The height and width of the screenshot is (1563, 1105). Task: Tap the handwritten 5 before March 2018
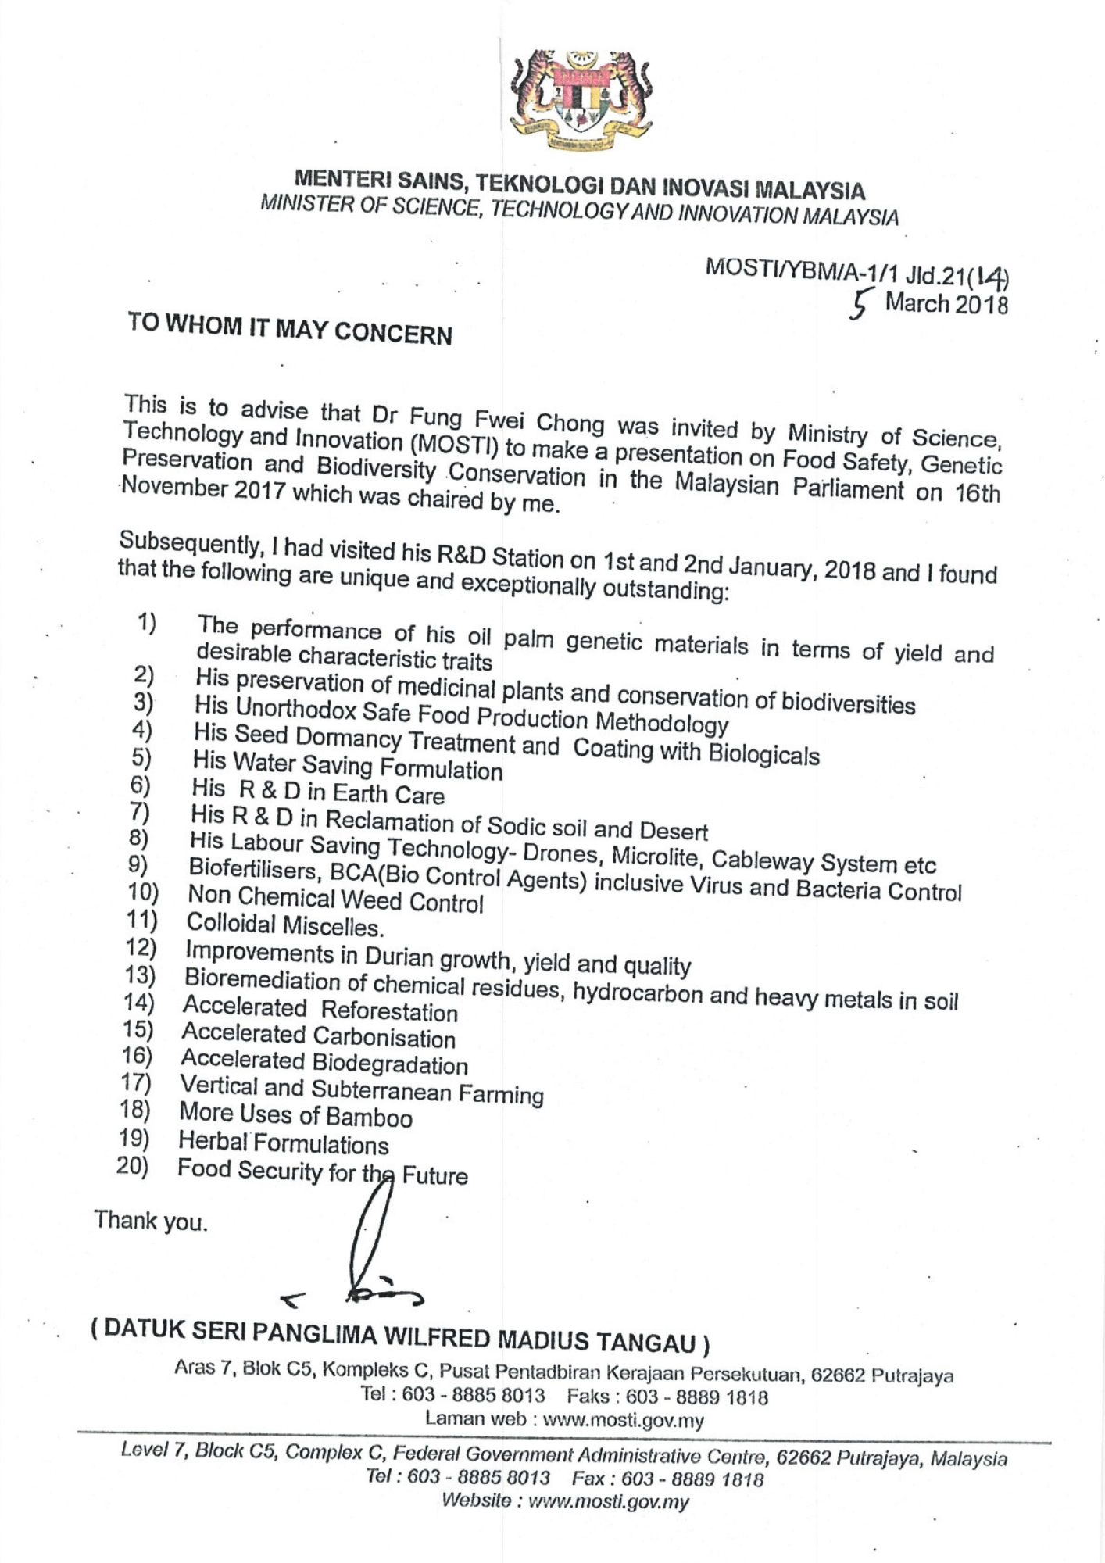(x=860, y=304)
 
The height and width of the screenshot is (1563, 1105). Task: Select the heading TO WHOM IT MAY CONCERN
(x=290, y=328)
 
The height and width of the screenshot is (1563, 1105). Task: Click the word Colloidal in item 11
(x=231, y=924)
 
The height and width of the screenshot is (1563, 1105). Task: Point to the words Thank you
(x=151, y=1220)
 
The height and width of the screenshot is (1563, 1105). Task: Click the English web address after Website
(x=609, y=1501)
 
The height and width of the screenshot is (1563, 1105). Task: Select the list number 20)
(x=132, y=1166)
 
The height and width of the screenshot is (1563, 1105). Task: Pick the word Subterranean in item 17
(x=381, y=1089)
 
